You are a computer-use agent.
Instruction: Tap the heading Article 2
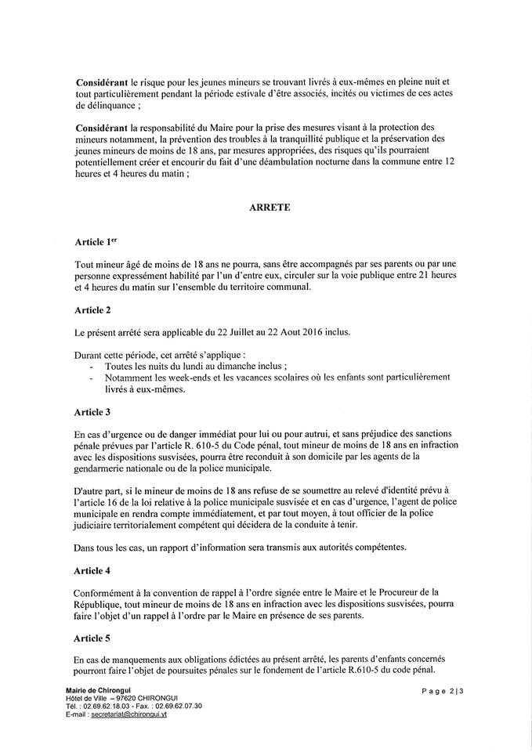(93, 310)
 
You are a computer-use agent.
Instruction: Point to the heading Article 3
(93, 411)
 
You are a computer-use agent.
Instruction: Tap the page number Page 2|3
(443, 690)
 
